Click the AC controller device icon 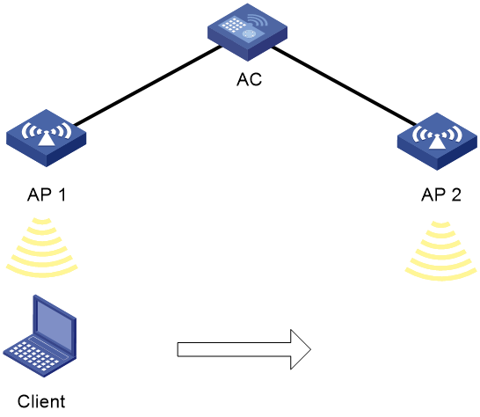247,33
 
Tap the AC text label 249,79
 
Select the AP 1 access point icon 47,138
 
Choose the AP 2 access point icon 437,142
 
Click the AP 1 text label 47,194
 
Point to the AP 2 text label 441,194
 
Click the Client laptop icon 40,336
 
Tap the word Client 41,401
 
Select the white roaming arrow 244,349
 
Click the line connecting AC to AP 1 148,86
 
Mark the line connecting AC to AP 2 344,86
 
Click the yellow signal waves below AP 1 42,247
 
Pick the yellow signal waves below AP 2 440,251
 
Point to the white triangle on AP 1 46,138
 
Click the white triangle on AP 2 437,142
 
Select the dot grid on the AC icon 234,24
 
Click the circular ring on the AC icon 250,33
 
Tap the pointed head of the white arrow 301,349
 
